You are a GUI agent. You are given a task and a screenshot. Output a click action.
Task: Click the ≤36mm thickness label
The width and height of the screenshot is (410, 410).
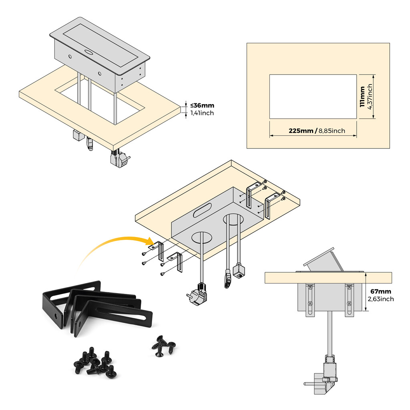click(202, 106)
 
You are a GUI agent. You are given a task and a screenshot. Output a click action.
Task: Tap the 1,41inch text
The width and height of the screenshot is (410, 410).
click(202, 113)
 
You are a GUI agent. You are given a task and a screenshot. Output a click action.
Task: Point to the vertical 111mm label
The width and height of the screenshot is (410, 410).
click(362, 96)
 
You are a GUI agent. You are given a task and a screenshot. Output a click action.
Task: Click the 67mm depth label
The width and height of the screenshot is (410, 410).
click(381, 291)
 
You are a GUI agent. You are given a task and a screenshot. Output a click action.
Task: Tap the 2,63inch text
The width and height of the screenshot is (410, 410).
click(381, 299)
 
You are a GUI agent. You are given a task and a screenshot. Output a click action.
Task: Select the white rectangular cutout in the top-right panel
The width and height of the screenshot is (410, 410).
click(313, 96)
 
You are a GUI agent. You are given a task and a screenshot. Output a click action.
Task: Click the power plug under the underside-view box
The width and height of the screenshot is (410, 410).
click(197, 296)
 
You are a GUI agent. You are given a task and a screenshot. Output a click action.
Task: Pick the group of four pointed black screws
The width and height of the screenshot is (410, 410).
click(163, 346)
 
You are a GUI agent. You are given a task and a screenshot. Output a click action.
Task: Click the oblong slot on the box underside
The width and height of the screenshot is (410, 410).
click(203, 210)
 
